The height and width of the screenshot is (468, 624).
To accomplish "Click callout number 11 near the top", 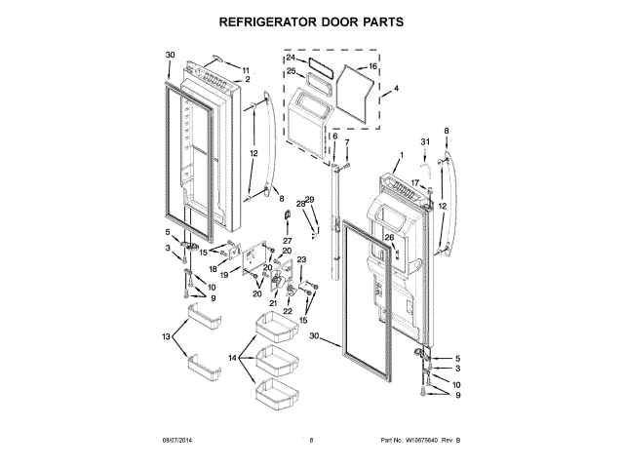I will pos(246,69).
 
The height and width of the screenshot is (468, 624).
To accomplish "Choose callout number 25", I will pos(291,71).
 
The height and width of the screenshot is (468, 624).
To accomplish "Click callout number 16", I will pos(372,68).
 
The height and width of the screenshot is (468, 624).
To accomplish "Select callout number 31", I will pos(424,142).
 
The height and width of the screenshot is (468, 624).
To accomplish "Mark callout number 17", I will pos(413,182).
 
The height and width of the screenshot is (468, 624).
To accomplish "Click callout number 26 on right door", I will pos(388,237).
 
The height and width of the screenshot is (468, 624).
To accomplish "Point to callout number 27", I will pos(288,240).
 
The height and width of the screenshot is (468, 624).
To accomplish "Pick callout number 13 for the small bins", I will pos(167,336).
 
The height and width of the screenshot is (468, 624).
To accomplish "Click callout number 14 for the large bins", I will pos(234,358).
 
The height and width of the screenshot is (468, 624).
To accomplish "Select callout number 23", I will pos(301,259).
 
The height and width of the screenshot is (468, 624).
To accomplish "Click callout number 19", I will pos(223,276).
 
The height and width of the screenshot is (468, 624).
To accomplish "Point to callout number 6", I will pos(334,136).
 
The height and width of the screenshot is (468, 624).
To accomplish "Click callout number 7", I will pos(345,143).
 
